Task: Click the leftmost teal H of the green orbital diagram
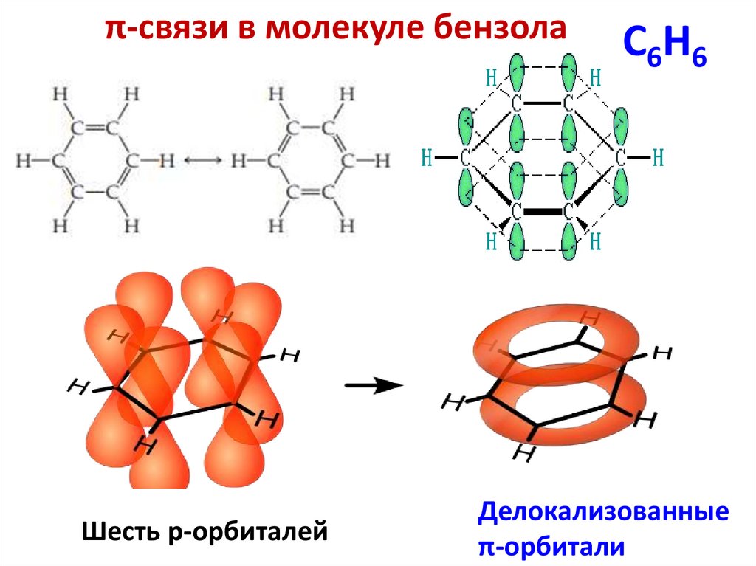[x=426, y=156]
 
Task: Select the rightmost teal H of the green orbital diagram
[x=659, y=156]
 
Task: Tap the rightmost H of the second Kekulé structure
[x=382, y=160]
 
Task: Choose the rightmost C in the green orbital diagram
[x=621, y=156]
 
